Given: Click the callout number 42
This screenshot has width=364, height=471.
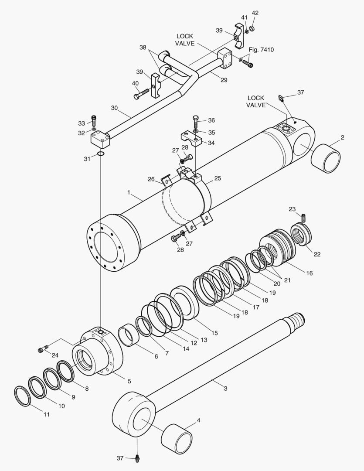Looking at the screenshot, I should [255, 13].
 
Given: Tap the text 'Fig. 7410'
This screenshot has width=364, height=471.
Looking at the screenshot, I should [261, 50].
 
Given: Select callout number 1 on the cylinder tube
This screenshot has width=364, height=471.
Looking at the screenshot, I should [129, 192].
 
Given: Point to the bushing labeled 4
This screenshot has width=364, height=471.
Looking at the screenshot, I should [177, 438].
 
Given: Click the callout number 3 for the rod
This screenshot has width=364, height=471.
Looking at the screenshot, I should [225, 388].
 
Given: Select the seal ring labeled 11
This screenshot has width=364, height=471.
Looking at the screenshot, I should [23, 396].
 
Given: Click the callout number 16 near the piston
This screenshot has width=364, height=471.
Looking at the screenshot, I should [310, 273].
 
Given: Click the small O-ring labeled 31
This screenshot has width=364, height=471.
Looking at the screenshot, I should [100, 154].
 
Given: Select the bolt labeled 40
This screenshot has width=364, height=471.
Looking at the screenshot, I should [141, 95].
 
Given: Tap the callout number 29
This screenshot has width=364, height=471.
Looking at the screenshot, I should [224, 80].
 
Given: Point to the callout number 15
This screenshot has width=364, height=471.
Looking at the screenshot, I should [214, 333].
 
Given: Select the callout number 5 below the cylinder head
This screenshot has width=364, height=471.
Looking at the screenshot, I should [129, 381].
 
